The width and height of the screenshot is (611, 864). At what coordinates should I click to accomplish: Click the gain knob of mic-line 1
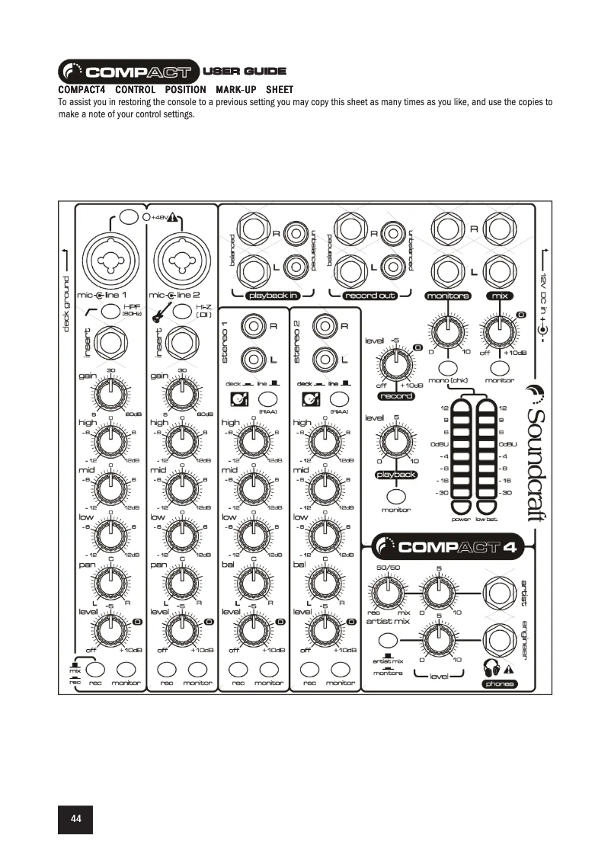[110, 394]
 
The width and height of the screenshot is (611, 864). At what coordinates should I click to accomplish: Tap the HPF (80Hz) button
[110, 310]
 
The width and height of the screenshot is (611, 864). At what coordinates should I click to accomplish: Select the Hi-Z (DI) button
[181, 310]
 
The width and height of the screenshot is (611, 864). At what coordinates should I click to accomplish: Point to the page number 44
[76, 818]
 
